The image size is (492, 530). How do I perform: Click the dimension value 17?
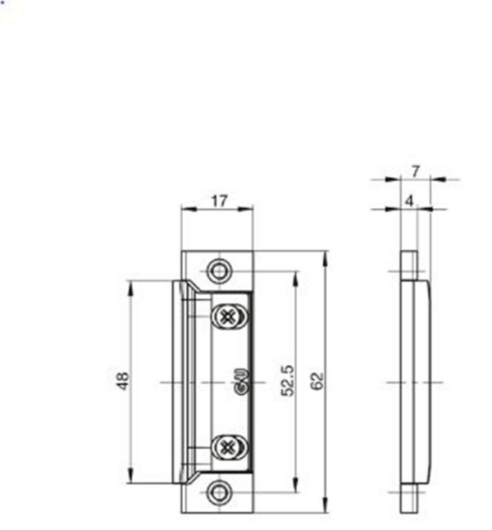(217, 200)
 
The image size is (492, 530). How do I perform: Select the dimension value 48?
(123, 381)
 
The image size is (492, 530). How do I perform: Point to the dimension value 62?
(318, 381)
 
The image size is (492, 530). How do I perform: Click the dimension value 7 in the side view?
(415, 171)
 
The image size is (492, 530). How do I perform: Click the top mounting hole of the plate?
(218, 269)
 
